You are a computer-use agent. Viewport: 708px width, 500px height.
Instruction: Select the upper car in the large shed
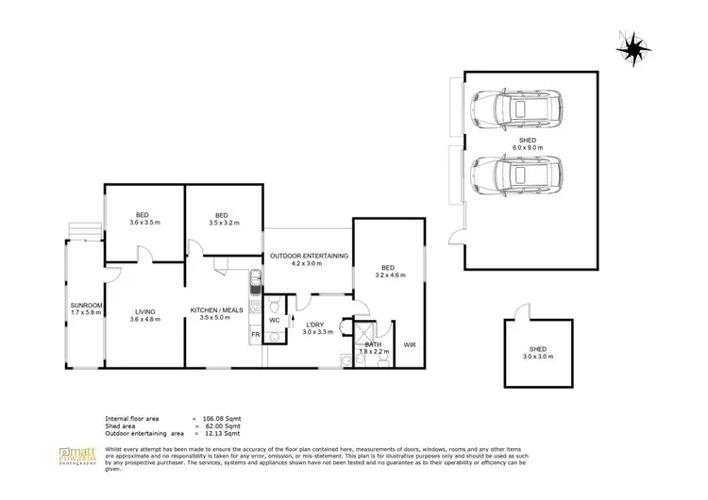click(515, 111)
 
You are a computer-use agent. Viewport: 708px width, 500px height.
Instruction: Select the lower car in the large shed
click(515, 175)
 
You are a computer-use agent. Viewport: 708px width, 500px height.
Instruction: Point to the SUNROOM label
click(86, 306)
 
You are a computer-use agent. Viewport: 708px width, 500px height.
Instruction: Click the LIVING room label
click(144, 311)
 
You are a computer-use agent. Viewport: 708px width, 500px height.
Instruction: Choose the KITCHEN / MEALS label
click(217, 311)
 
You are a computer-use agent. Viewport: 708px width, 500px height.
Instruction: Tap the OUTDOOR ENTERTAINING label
click(309, 256)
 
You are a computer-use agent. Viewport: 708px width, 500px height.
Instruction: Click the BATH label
click(372, 344)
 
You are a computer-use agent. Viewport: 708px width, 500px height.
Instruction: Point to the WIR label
click(410, 345)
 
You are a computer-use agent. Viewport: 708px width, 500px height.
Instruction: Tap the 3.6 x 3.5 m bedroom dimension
click(144, 224)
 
